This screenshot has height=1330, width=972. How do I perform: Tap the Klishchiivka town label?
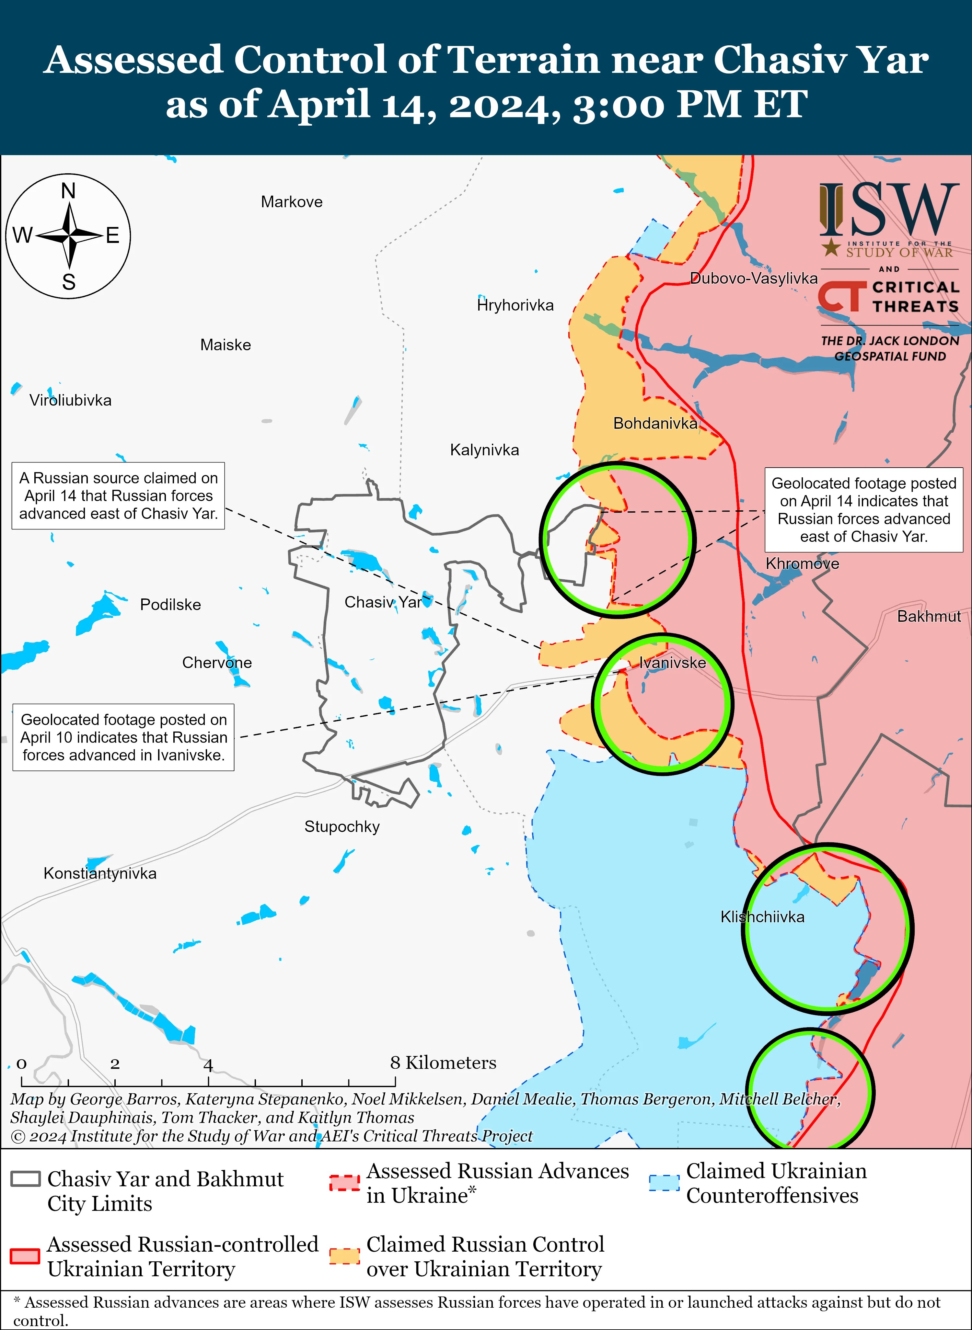(x=762, y=917)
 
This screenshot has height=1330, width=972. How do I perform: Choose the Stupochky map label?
(x=342, y=827)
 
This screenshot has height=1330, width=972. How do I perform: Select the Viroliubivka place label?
(x=71, y=400)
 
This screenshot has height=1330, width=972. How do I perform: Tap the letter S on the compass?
(x=69, y=283)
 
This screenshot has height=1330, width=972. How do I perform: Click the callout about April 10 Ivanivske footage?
(x=123, y=737)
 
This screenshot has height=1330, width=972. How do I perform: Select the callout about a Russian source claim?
(x=118, y=496)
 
